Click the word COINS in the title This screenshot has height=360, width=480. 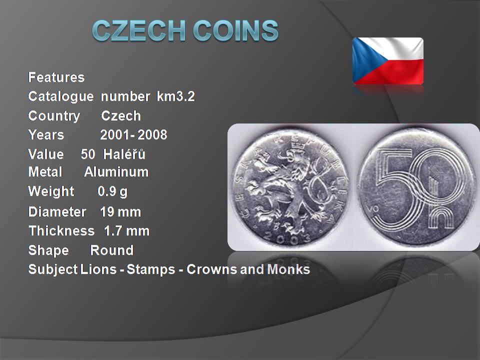(235, 30)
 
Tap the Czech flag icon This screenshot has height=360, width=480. (388, 60)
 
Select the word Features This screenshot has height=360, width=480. (56, 77)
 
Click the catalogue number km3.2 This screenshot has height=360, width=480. (175, 96)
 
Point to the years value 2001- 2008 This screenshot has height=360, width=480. (134, 134)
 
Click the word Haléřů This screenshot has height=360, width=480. (124, 154)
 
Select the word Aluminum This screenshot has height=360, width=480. (116, 171)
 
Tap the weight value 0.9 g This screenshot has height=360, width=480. (112, 191)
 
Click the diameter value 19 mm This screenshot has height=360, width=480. (120, 212)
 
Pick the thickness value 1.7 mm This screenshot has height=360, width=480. (126, 231)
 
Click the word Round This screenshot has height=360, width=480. (112, 250)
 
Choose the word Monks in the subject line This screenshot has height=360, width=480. (288, 269)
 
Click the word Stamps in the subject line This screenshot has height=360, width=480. (151, 269)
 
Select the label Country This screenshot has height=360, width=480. (54, 116)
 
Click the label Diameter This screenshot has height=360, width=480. (57, 212)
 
